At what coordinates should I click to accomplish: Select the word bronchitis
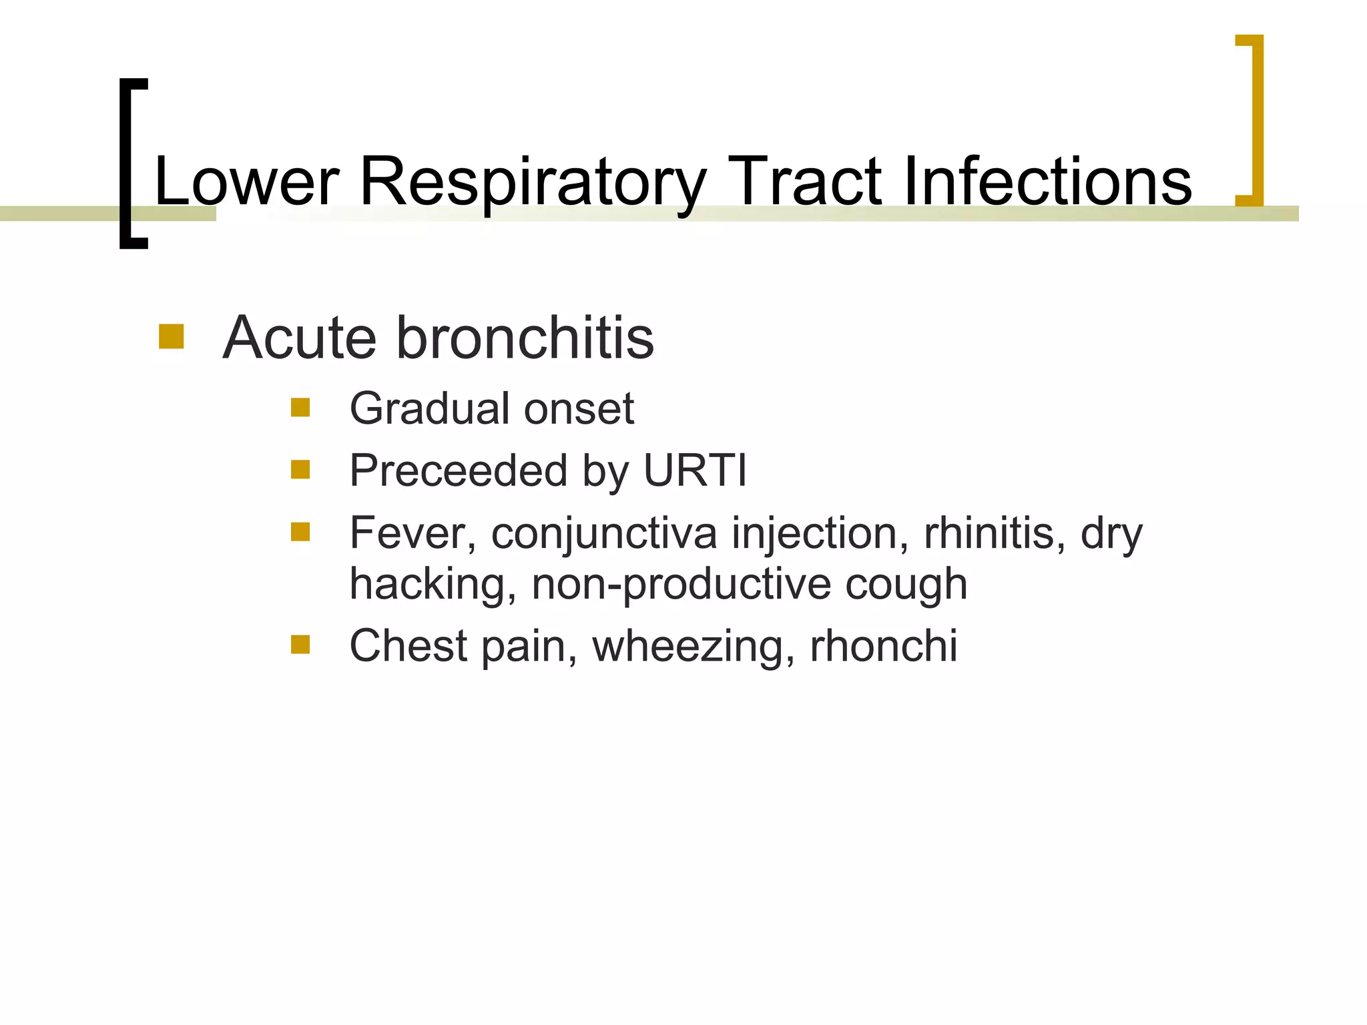point(525,338)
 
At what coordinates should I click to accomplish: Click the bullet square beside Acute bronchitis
point(171,336)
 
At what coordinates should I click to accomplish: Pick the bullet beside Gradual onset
point(300,407)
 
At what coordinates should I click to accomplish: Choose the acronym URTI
point(695,470)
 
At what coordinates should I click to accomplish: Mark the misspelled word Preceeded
point(458,470)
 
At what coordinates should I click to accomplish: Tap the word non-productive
point(681,585)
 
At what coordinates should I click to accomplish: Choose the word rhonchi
point(883,646)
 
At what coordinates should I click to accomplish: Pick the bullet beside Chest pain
point(300,645)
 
